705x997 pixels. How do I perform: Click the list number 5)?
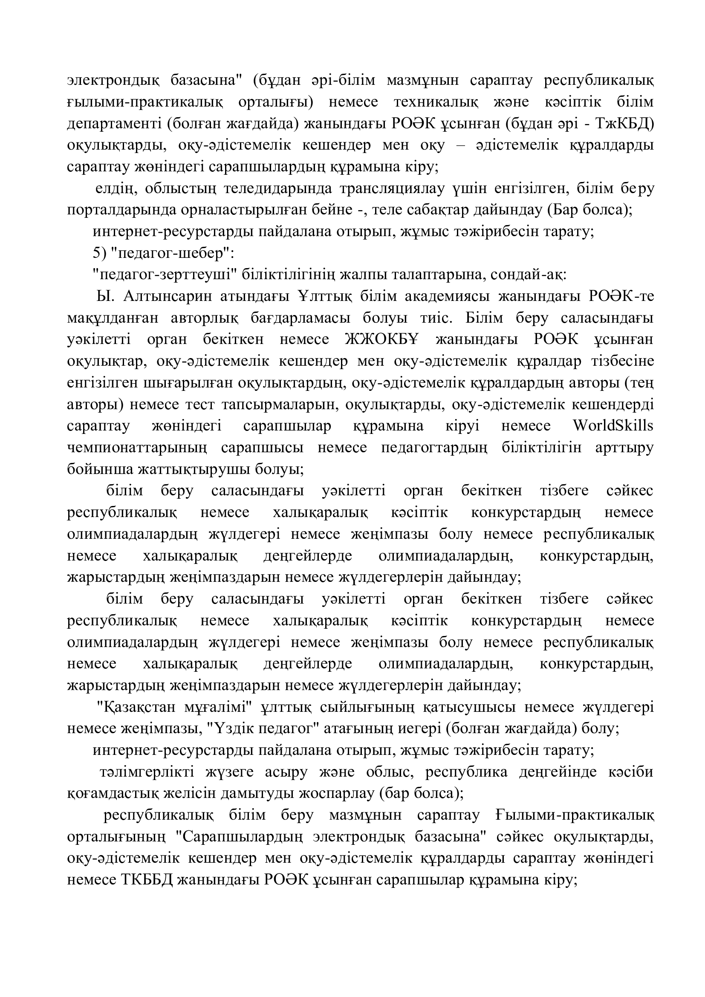[x=100, y=253]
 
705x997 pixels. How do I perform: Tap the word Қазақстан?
[x=139, y=707]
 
